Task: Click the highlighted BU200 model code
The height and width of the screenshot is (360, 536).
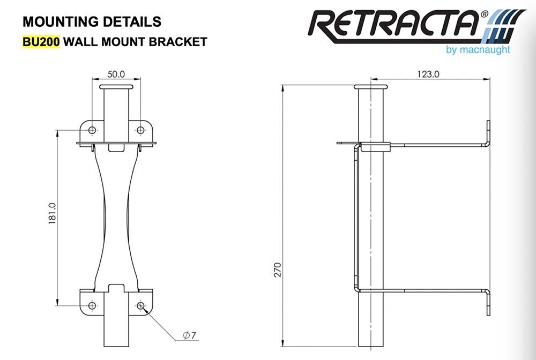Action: [x=41, y=41]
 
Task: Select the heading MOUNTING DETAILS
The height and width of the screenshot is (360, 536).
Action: [x=92, y=21]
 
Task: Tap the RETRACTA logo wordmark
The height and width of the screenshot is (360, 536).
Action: [x=394, y=25]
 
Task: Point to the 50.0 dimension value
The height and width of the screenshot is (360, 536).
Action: [x=116, y=73]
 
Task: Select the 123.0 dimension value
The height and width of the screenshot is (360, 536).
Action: [x=428, y=74]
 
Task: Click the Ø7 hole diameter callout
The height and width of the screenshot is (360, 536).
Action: [x=189, y=336]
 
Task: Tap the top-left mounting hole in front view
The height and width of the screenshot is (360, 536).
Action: [x=92, y=130]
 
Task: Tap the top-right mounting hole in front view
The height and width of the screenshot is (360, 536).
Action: [x=140, y=130]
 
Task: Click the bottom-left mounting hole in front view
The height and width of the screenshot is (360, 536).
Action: [x=92, y=305]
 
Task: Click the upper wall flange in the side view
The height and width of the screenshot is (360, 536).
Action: [x=488, y=133]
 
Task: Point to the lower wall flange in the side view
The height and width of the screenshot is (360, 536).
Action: [x=488, y=303]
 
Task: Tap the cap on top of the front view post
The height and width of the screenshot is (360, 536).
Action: [x=116, y=86]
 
